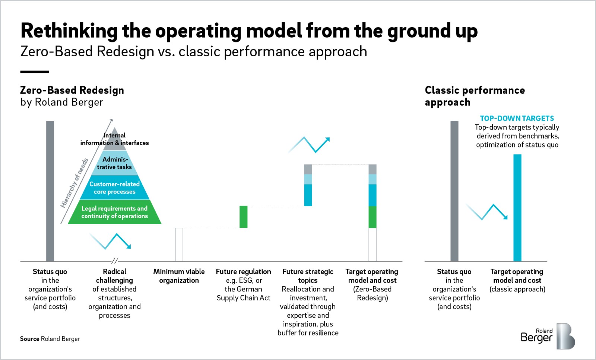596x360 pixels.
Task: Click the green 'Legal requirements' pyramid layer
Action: pyautogui.click(x=114, y=212)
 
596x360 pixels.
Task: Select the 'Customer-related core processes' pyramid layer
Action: pyautogui.click(x=114, y=187)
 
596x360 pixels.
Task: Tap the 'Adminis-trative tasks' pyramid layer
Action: pyautogui.click(x=114, y=163)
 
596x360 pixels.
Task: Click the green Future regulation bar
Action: pyautogui.click(x=244, y=217)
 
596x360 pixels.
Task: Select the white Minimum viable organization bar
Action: pyautogui.click(x=179, y=244)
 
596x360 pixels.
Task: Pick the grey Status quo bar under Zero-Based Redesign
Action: pyautogui.click(x=50, y=191)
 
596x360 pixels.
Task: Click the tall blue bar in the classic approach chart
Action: pyautogui.click(x=517, y=208)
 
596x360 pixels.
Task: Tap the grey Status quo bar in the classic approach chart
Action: pyautogui.click(x=454, y=191)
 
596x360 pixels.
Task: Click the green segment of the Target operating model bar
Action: pyautogui.click(x=372, y=217)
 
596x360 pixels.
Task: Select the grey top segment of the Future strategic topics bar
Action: pyautogui.click(x=308, y=169)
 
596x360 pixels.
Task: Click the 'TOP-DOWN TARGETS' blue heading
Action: pyautogui.click(x=517, y=118)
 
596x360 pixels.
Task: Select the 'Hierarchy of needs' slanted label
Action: pyautogui.click(x=74, y=183)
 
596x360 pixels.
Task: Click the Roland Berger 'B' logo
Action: pyautogui.click(x=566, y=336)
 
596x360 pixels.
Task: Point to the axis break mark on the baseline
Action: pyautogui.click(x=114, y=261)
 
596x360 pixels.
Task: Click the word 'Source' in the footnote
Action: pyautogui.click(x=29, y=339)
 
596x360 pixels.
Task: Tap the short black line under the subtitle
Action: pyautogui.click(x=35, y=72)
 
